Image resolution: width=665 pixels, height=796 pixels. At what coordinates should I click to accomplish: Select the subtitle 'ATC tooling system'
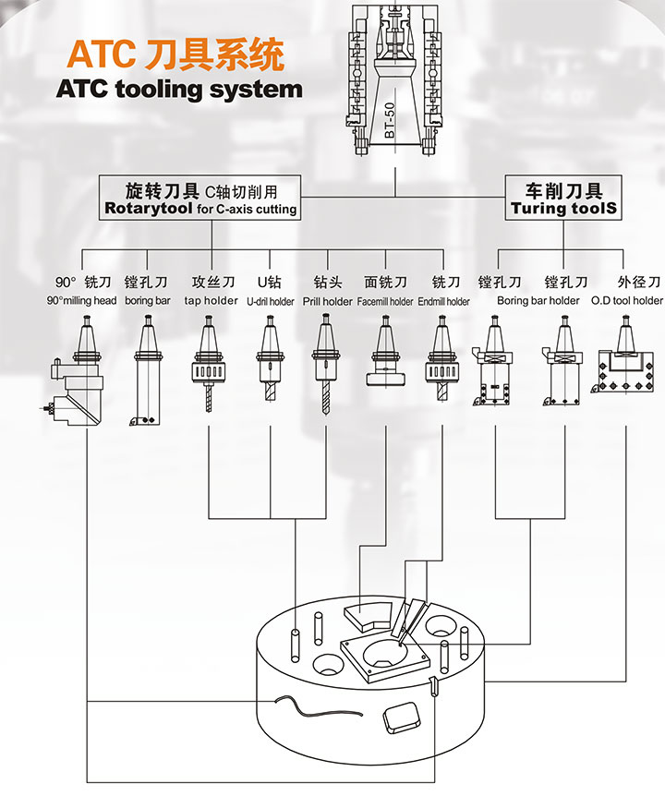[179, 90]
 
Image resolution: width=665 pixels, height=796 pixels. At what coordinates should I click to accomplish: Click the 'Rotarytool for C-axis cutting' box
[200, 199]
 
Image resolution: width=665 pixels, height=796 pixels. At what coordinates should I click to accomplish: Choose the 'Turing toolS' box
[563, 199]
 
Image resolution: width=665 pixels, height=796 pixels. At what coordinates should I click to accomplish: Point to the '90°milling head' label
[81, 301]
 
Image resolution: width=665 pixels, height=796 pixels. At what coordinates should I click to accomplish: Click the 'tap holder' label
[211, 301]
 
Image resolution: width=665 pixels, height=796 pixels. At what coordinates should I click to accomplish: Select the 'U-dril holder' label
[270, 301]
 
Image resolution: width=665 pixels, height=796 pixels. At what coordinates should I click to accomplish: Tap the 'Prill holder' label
[327, 301]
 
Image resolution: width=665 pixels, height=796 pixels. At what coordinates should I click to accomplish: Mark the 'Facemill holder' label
[385, 301]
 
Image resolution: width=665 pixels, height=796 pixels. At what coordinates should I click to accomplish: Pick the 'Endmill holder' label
[443, 301]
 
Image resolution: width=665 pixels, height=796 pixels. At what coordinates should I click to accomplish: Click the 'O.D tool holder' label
[626, 301]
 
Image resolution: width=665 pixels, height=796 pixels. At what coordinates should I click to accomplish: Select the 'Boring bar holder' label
[538, 301]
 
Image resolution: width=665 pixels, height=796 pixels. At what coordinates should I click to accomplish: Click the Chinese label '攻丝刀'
[212, 282]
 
